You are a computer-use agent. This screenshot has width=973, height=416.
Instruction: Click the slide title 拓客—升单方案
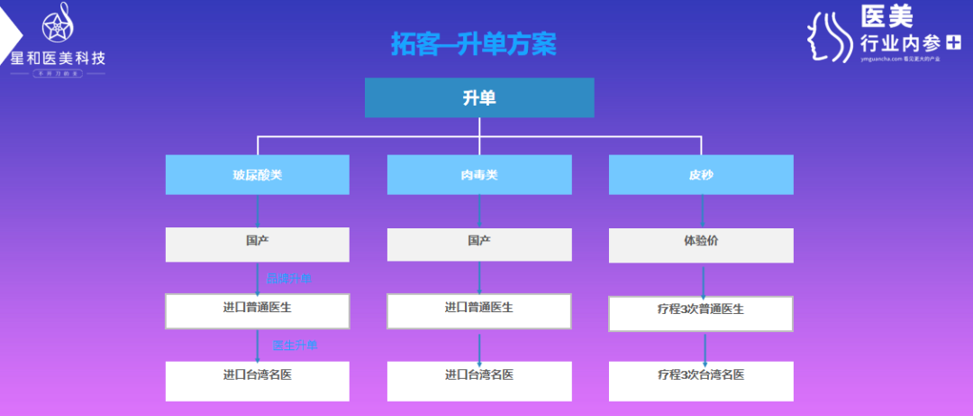click(x=473, y=44)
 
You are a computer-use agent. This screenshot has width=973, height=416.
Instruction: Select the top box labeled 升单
click(x=479, y=97)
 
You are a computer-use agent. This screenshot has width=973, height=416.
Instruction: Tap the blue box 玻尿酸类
click(x=257, y=175)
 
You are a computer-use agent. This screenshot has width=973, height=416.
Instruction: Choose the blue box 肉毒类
click(x=479, y=175)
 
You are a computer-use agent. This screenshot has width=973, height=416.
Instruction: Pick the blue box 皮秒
click(x=701, y=175)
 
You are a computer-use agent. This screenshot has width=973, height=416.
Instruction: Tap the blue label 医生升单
click(x=295, y=346)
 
